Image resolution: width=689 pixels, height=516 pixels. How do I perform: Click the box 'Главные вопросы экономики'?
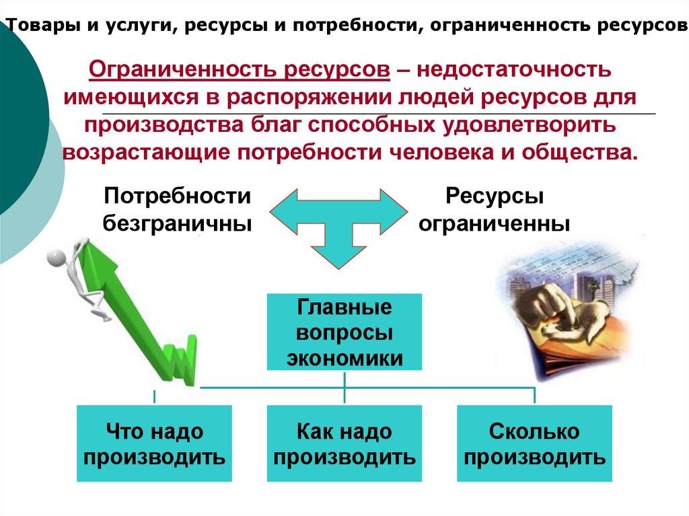click(x=344, y=332)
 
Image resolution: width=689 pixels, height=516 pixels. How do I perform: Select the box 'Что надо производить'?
click(x=154, y=443)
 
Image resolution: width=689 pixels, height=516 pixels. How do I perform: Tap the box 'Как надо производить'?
click(x=344, y=443)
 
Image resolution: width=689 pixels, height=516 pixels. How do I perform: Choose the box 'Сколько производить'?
click(x=535, y=443)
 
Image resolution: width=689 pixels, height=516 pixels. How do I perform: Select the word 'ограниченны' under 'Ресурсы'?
click(x=494, y=223)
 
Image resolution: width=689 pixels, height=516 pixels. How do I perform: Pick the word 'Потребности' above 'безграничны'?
click(x=178, y=196)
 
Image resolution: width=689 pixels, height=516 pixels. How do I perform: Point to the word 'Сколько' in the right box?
click(x=535, y=431)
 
